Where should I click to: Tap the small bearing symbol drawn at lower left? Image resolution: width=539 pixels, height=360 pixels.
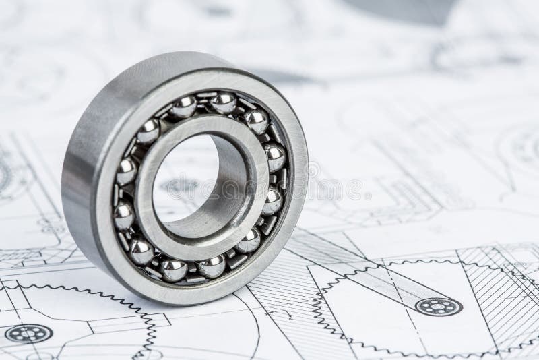coord(28,333)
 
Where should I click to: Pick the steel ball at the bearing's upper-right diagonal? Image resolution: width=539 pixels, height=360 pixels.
coord(256,122)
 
